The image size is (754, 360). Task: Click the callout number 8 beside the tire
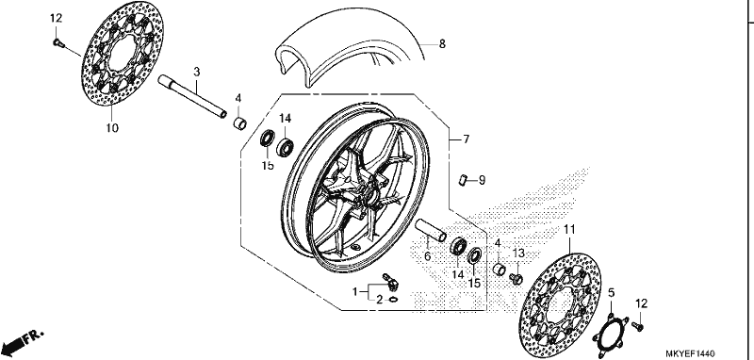point(442,44)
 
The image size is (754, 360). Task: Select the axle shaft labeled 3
point(192,96)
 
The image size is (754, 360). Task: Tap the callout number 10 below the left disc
point(112,128)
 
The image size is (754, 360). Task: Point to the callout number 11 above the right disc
point(569,230)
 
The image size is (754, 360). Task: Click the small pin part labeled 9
point(462,181)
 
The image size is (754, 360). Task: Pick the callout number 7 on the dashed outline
point(466,139)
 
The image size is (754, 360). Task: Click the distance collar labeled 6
point(431,230)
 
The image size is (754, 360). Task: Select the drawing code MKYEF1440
point(691,353)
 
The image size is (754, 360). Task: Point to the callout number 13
point(517,253)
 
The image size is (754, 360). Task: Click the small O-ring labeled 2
point(393,300)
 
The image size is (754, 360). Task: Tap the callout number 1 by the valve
point(355,292)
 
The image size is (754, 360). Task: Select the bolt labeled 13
point(516,278)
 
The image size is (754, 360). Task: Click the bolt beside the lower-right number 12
point(640,326)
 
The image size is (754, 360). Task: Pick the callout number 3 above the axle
point(196,73)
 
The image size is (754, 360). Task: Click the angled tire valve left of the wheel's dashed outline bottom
point(390,282)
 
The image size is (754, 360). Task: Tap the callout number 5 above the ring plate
point(611,293)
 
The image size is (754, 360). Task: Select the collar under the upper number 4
point(240,123)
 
